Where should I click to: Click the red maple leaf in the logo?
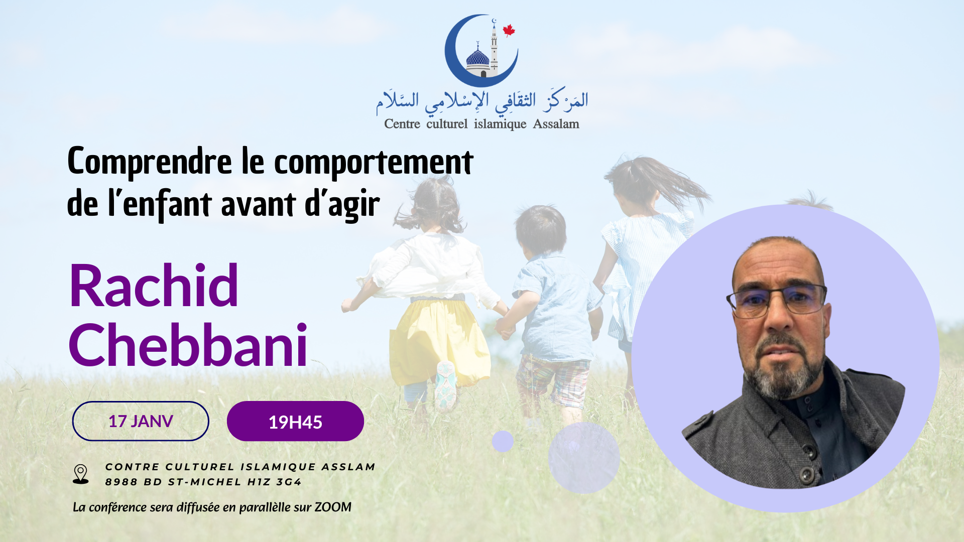click(509, 30)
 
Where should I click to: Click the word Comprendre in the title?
click(150, 162)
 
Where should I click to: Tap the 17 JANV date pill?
click(141, 421)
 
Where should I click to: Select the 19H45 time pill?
click(295, 422)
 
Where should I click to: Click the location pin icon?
click(80, 474)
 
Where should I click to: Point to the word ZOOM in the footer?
click(333, 507)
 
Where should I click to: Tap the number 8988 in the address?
click(121, 482)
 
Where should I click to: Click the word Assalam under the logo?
click(556, 124)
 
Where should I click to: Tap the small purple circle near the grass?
click(503, 441)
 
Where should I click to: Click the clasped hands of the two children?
click(505, 328)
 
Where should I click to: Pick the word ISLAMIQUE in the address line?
click(278, 467)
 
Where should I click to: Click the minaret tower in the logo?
click(494, 48)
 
